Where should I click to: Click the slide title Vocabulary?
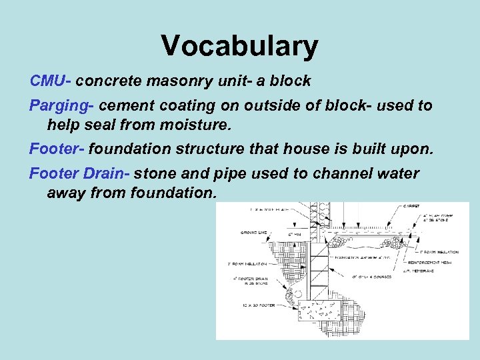pos(239,46)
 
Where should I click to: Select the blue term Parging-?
pos(63,105)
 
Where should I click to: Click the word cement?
pos(131,105)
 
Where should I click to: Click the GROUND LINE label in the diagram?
pos(255,233)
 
